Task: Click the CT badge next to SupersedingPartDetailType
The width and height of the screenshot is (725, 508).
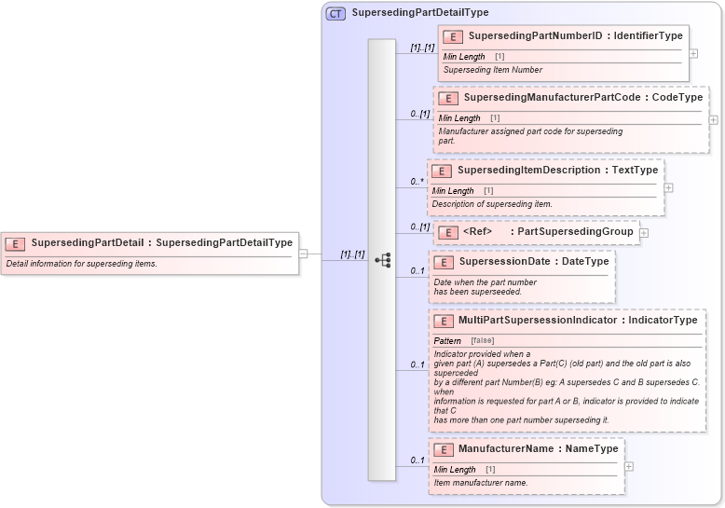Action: (x=335, y=13)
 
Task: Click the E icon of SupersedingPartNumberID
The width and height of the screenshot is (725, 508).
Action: (x=453, y=36)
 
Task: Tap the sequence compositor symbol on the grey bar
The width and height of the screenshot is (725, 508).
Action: (x=382, y=260)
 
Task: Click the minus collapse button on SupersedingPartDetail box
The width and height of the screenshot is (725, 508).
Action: (x=303, y=253)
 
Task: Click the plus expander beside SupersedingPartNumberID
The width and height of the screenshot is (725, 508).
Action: (x=693, y=53)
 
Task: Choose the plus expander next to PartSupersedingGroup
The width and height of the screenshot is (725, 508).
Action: (x=644, y=232)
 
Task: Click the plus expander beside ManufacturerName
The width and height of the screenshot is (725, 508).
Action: (x=630, y=466)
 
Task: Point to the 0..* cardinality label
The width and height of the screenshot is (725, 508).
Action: (x=417, y=182)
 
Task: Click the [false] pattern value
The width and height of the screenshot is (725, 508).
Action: (x=482, y=341)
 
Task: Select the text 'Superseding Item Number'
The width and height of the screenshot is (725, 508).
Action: (x=492, y=70)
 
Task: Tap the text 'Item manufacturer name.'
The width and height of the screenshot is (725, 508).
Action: (x=481, y=483)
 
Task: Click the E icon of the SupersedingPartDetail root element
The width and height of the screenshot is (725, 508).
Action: (x=15, y=243)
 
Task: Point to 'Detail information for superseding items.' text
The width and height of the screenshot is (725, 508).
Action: (x=82, y=264)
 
